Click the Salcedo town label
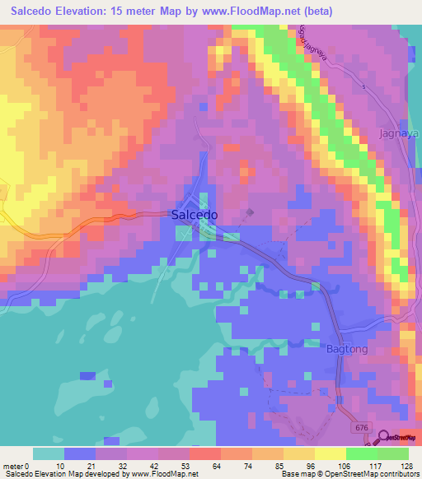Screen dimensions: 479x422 coord(195,214)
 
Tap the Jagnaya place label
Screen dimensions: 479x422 coord(399,133)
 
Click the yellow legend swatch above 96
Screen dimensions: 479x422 coord(298,453)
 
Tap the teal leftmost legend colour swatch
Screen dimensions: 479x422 coord(48,453)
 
